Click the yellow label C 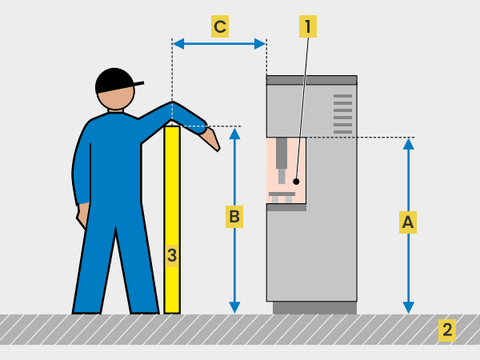(x=220, y=26)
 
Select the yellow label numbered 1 (x=308, y=26)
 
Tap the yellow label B (x=234, y=217)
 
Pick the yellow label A (x=408, y=222)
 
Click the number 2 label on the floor (x=447, y=330)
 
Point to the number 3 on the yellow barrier (x=172, y=255)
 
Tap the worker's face (x=116, y=98)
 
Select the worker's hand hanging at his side (x=82, y=216)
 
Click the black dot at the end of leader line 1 (x=296, y=182)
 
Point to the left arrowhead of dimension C (x=178, y=44)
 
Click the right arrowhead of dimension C (x=260, y=44)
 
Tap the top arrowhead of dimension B (x=234, y=134)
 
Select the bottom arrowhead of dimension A (x=408, y=307)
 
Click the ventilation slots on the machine (x=342, y=114)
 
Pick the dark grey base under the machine (x=314, y=308)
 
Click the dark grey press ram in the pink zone (x=282, y=153)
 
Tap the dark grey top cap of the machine (x=312, y=80)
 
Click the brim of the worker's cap (x=138, y=83)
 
